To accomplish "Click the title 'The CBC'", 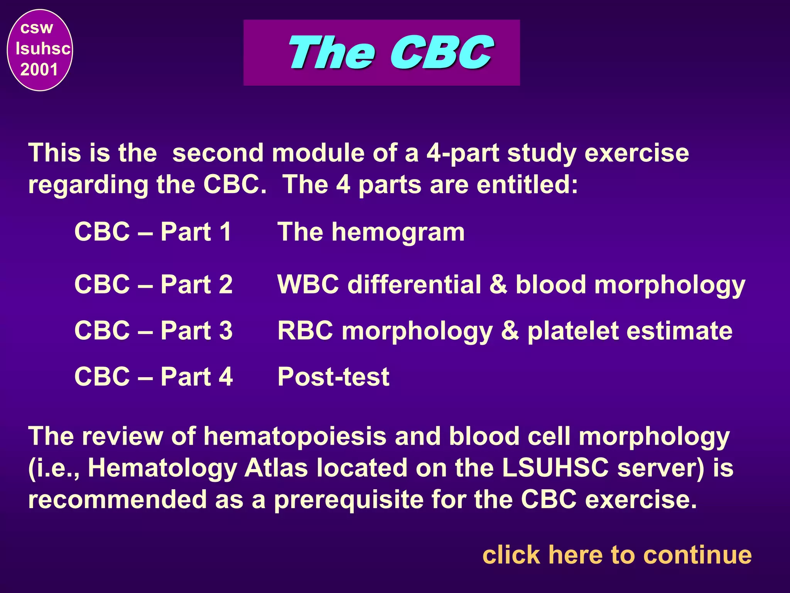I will click(390, 53).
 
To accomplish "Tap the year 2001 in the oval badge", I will click(39, 70).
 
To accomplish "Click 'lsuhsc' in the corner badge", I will click(43, 49).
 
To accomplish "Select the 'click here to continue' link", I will click(617, 555).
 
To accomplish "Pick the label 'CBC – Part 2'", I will click(153, 285).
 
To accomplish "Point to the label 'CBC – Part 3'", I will click(153, 331).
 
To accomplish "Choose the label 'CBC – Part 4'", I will click(153, 377).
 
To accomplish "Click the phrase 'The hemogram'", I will click(371, 232).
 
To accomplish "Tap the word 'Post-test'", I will click(333, 377).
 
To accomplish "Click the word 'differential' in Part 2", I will click(414, 285).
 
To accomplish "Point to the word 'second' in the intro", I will click(218, 153).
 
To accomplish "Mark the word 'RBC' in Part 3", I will click(305, 331).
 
